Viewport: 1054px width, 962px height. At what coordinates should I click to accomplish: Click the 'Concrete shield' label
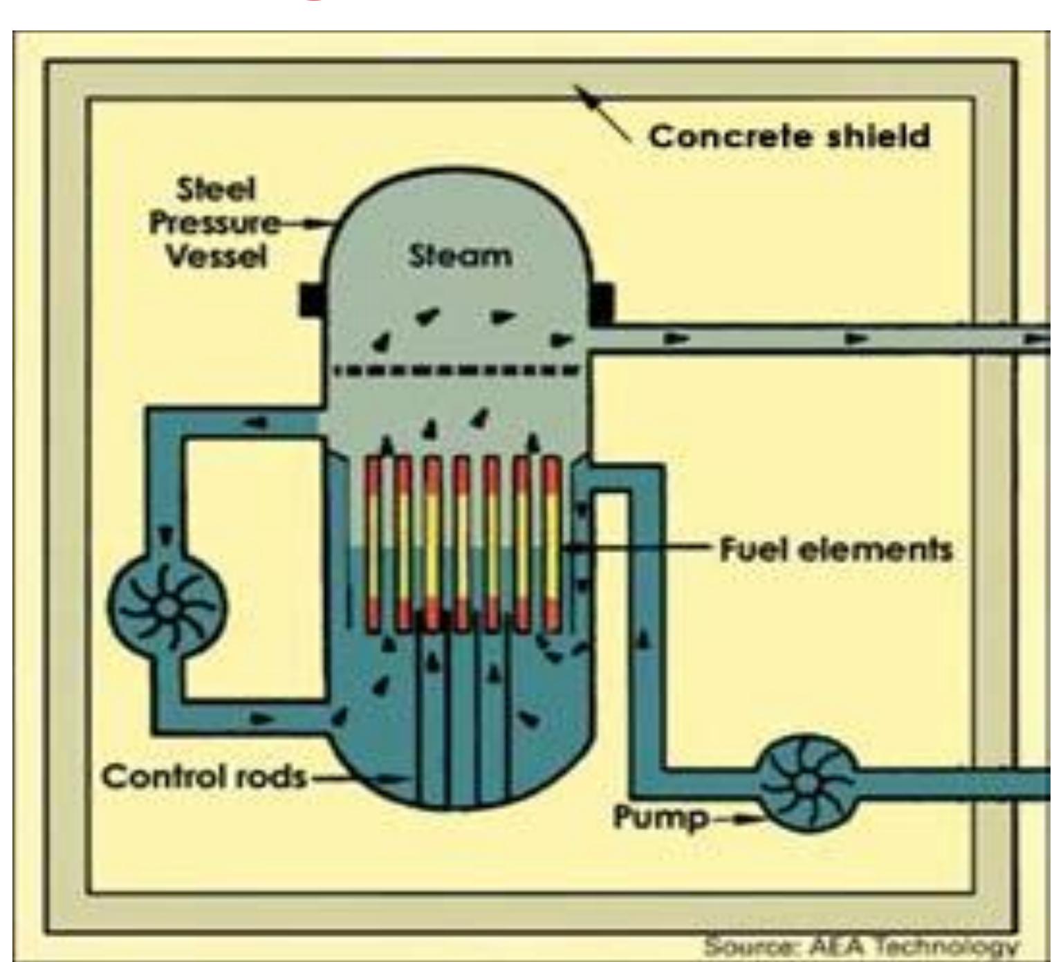pos(789,136)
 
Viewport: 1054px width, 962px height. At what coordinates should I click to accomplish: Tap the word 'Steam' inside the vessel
pos(460,257)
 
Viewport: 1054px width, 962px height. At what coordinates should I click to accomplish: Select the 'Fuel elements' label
pos(835,551)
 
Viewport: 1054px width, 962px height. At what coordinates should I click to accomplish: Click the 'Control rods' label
pos(204,777)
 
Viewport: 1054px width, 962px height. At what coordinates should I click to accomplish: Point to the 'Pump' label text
pos(660,818)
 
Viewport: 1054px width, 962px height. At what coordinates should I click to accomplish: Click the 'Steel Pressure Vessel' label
pos(214,223)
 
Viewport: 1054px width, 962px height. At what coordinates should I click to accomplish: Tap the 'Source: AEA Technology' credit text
pos(861,945)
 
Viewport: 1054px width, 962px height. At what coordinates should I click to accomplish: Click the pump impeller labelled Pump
pos(805,784)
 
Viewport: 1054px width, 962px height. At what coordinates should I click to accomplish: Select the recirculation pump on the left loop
pos(166,607)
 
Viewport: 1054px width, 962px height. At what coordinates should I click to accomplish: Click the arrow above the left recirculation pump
pos(166,536)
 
